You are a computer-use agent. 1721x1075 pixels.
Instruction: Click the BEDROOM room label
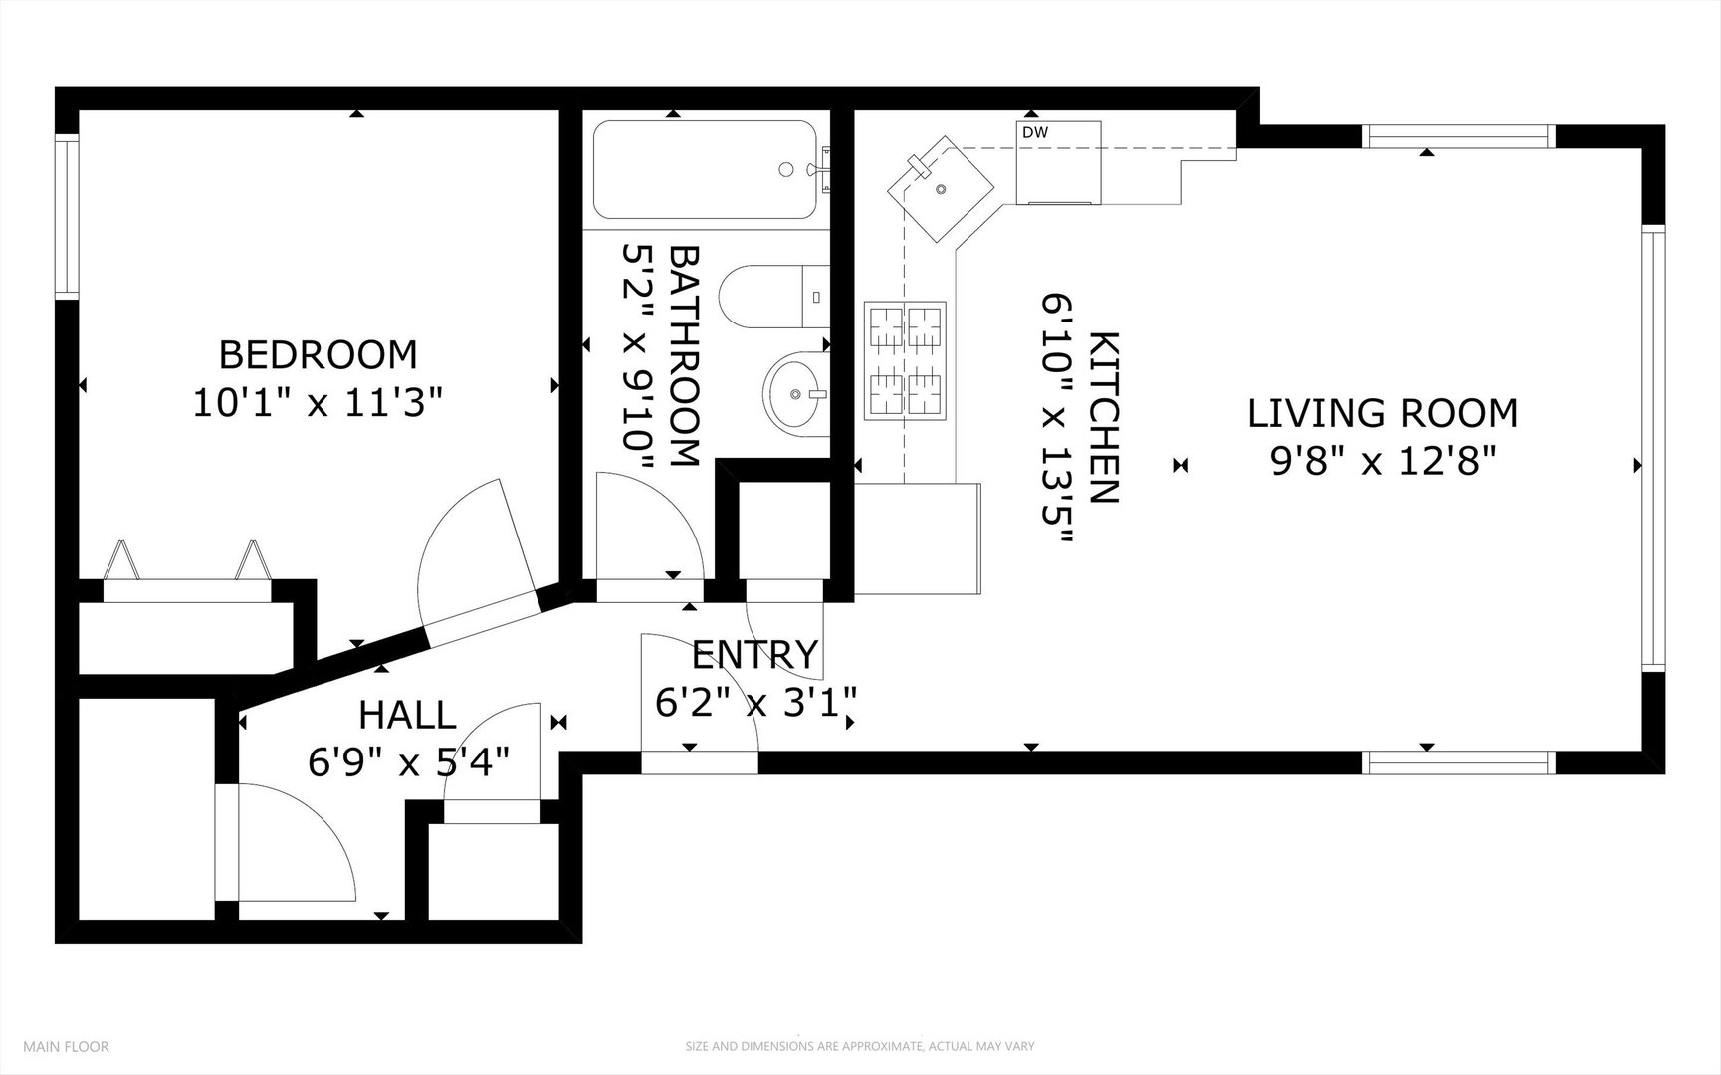(x=318, y=354)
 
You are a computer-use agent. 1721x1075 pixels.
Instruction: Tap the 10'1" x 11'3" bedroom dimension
(x=318, y=404)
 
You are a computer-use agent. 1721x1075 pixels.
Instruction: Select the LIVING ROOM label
(x=1383, y=413)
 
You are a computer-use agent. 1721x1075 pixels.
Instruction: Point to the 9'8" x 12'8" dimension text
(x=1383, y=462)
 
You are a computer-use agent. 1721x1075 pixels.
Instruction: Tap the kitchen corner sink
(x=941, y=189)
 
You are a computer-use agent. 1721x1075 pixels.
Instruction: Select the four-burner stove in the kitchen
(x=906, y=358)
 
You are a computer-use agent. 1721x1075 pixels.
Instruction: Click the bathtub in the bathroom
(x=705, y=169)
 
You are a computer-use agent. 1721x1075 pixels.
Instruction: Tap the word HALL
(x=407, y=715)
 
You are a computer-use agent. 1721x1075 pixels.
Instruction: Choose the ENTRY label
(x=754, y=655)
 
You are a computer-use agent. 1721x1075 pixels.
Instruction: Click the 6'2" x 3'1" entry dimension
(x=755, y=704)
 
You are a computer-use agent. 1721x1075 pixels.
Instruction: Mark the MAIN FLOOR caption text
(x=66, y=1046)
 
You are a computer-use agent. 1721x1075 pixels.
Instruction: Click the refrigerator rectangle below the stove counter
(x=917, y=538)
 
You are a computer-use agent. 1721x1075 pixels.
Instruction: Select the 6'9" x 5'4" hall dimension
(x=408, y=763)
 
